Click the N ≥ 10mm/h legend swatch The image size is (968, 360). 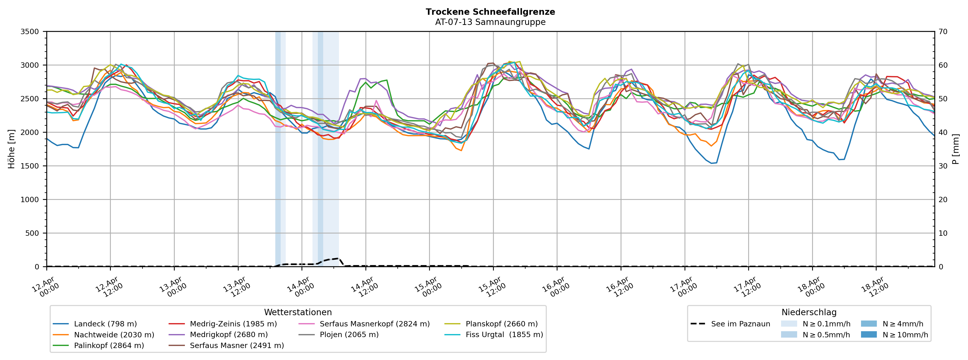click(x=868, y=335)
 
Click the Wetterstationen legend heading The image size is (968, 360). click(x=298, y=312)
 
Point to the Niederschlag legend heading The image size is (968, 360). click(x=809, y=312)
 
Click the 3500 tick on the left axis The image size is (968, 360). click(x=30, y=32)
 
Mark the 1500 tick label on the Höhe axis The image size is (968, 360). click(x=30, y=166)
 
